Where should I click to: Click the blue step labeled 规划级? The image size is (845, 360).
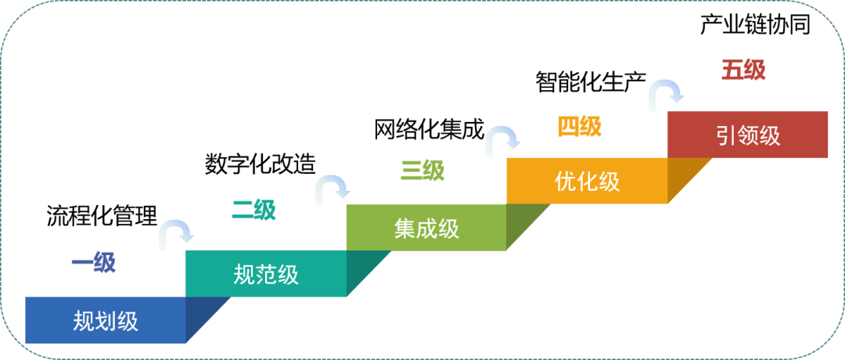[x=105, y=320]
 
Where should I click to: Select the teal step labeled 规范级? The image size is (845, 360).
[x=265, y=274]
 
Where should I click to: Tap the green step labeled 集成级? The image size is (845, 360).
[x=426, y=228]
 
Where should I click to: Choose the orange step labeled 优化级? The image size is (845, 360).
[x=587, y=181]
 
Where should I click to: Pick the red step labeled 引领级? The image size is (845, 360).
[x=747, y=135]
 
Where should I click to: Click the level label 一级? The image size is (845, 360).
[x=93, y=263]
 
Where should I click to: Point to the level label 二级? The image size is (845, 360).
[x=253, y=210]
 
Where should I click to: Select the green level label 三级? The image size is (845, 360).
[x=422, y=170]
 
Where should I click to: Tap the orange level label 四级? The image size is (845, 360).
[x=579, y=126]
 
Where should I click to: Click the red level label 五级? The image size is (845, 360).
[x=743, y=70]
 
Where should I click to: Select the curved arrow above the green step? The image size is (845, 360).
[x=333, y=190]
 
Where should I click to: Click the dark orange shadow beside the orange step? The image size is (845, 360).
[x=684, y=175]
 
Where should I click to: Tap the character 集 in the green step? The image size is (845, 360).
[x=405, y=228]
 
